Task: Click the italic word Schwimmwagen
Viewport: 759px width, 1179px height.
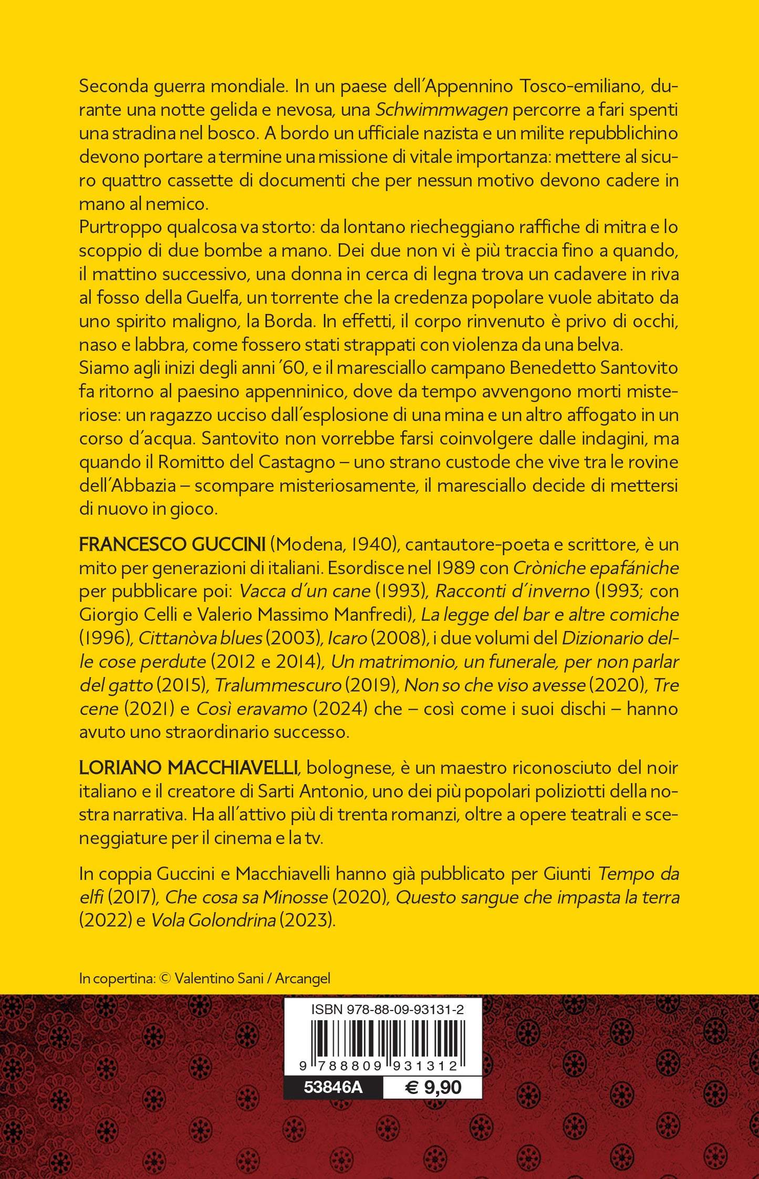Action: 441,110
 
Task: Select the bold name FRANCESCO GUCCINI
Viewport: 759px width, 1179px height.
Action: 172,544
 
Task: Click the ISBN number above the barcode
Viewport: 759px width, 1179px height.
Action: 387,1009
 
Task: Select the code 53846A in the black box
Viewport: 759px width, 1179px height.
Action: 333,1087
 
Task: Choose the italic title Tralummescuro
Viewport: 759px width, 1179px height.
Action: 278,686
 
